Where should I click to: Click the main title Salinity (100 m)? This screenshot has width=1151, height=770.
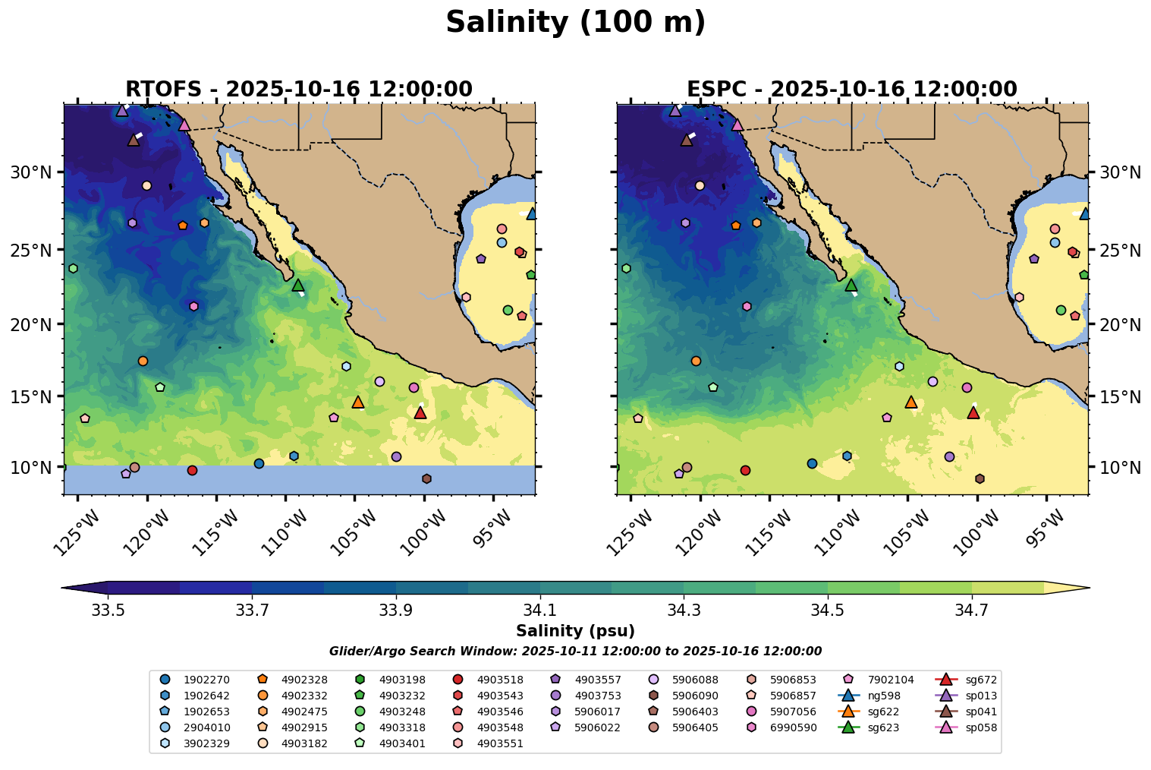tap(575, 23)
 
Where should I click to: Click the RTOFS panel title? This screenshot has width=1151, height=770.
tap(298, 89)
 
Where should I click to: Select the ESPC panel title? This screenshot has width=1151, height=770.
tap(851, 89)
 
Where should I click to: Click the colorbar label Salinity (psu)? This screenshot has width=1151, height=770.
tap(575, 631)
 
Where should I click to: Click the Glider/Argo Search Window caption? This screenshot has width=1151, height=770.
tap(575, 652)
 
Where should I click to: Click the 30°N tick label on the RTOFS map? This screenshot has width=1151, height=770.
tap(30, 172)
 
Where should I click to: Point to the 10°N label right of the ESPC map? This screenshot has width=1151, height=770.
tap(1120, 467)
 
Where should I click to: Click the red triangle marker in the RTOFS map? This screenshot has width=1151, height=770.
tap(420, 413)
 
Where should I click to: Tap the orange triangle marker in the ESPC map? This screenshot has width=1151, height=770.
tap(911, 402)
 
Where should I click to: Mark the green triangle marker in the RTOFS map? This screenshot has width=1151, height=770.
tap(298, 286)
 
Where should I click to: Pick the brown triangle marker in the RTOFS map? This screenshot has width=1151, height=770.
tap(134, 140)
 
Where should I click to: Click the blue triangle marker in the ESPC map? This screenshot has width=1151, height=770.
tap(1085, 214)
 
